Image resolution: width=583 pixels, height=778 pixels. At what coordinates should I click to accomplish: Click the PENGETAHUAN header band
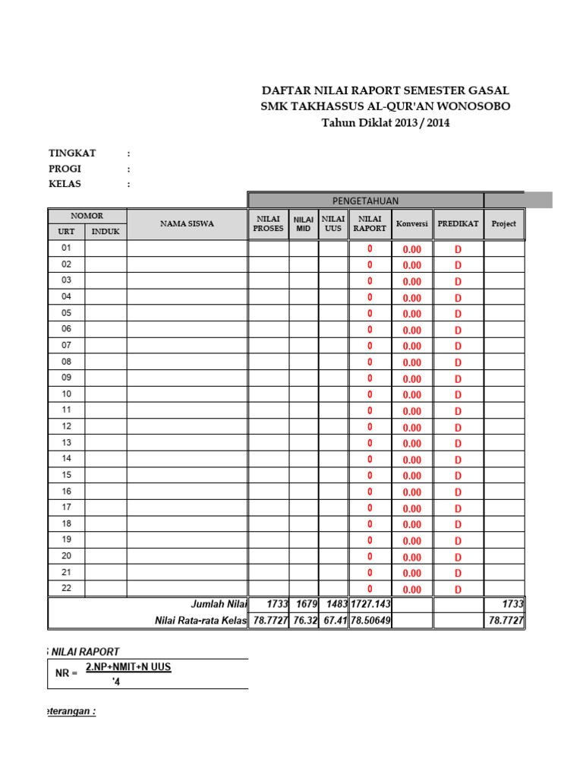[365, 201]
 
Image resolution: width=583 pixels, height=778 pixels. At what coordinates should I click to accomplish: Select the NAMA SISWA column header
[187, 223]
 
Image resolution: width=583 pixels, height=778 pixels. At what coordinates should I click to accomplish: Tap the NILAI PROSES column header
[268, 223]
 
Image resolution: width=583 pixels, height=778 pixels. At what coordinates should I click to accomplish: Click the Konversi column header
[412, 224]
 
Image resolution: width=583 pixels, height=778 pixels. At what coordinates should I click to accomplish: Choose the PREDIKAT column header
[458, 224]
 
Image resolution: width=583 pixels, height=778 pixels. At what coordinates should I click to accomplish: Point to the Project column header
[503, 224]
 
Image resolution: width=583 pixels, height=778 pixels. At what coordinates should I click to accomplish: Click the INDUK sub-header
[106, 231]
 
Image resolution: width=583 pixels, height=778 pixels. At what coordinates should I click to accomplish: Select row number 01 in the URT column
[66, 248]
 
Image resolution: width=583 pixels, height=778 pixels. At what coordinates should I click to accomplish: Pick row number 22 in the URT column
[66, 589]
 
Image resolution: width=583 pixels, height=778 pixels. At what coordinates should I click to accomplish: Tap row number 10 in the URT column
[66, 394]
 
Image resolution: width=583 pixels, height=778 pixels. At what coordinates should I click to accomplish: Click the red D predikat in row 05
[458, 314]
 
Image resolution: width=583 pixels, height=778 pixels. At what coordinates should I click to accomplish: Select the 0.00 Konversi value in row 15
[412, 476]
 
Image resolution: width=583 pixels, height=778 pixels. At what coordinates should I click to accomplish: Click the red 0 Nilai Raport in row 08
[370, 362]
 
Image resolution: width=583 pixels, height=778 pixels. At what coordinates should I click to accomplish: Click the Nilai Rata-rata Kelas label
[201, 621]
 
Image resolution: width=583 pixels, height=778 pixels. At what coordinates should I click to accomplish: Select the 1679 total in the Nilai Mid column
[304, 604]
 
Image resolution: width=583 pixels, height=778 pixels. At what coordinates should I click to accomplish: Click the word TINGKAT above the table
[72, 153]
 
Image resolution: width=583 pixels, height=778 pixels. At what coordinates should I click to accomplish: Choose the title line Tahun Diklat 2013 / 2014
[386, 122]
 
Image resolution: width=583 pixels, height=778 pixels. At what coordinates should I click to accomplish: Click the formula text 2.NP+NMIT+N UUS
[128, 667]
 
